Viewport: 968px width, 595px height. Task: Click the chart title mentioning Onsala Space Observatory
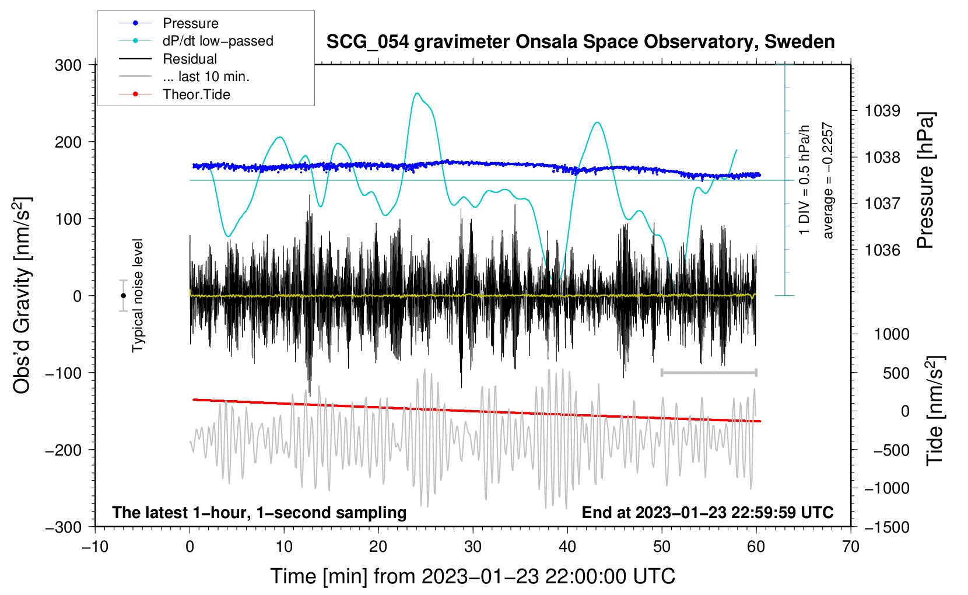click(580, 42)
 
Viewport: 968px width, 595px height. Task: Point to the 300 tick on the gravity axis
click(68, 65)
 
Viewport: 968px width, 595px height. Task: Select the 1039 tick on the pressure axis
click(882, 111)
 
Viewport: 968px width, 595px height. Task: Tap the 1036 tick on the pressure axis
click(882, 250)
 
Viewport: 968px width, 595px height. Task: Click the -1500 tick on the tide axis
click(886, 527)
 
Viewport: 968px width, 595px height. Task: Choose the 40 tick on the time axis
click(567, 547)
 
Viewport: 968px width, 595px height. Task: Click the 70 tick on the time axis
click(851, 547)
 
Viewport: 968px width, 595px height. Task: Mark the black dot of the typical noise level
click(123, 296)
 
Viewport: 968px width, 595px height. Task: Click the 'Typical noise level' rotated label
click(138, 295)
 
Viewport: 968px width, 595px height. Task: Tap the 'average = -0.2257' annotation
click(827, 181)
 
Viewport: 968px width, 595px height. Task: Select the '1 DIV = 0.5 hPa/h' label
click(805, 180)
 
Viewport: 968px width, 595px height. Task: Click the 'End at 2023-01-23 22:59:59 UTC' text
click(707, 513)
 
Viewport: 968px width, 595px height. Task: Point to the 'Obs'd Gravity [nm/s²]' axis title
click(22, 295)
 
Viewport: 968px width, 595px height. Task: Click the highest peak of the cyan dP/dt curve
click(416, 93)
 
